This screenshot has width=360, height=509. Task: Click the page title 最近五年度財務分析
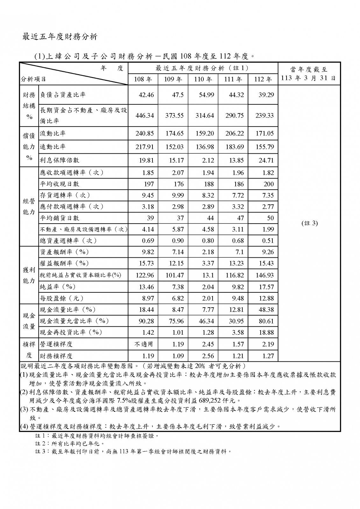click(x=60, y=37)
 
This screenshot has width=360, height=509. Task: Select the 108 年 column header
click(x=143, y=79)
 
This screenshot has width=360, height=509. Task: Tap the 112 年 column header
click(x=263, y=79)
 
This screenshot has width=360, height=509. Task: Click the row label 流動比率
click(x=53, y=133)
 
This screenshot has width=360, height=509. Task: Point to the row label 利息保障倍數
click(x=60, y=160)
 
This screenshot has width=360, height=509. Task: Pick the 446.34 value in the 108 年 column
click(x=145, y=115)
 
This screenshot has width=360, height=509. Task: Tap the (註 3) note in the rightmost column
click(x=309, y=223)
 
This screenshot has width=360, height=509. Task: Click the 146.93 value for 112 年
click(x=265, y=275)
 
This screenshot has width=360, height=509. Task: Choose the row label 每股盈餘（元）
click(x=62, y=298)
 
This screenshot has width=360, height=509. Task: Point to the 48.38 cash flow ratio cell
click(x=266, y=310)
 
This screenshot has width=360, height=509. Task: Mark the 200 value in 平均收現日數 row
click(x=268, y=184)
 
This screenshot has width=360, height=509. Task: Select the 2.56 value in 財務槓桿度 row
click(x=208, y=356)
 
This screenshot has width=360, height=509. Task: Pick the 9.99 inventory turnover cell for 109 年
click(x=178, y=195)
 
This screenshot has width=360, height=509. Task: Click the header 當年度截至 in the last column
click(x=309, y=70)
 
